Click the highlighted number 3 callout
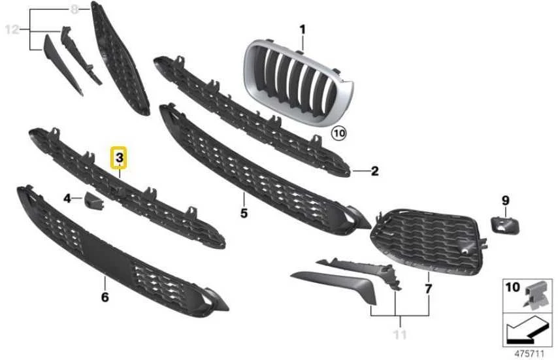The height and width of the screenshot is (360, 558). click(x=119, y=157)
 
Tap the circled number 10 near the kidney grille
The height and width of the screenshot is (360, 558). click(x=338, y=133)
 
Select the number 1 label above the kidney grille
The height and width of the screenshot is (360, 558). click(x=303, y=29)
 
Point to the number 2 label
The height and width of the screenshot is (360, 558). click(x=375, y=171)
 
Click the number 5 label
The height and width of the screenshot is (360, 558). click(x=244, y=213)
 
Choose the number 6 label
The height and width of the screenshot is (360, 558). click(x=105, y=297)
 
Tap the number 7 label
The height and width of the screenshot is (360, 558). click(x=429, y=289)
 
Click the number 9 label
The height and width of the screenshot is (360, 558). click(x=506, y=201)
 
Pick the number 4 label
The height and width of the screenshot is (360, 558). click(x=67, y=198)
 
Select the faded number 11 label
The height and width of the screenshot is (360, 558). click(x=400, y=335)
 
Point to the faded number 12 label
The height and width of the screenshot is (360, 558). click(x=12, y=29)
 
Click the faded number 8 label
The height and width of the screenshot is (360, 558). click(x=74, y=9)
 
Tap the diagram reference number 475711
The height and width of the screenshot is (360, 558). click(x=529, y=353)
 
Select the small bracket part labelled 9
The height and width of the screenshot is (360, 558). click(x=505, y=225)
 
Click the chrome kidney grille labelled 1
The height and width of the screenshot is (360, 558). click(x=298, y=82)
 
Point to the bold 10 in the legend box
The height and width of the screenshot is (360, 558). click(x=513, y=287)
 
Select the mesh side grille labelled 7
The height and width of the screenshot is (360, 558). click(x=429, y=242)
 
